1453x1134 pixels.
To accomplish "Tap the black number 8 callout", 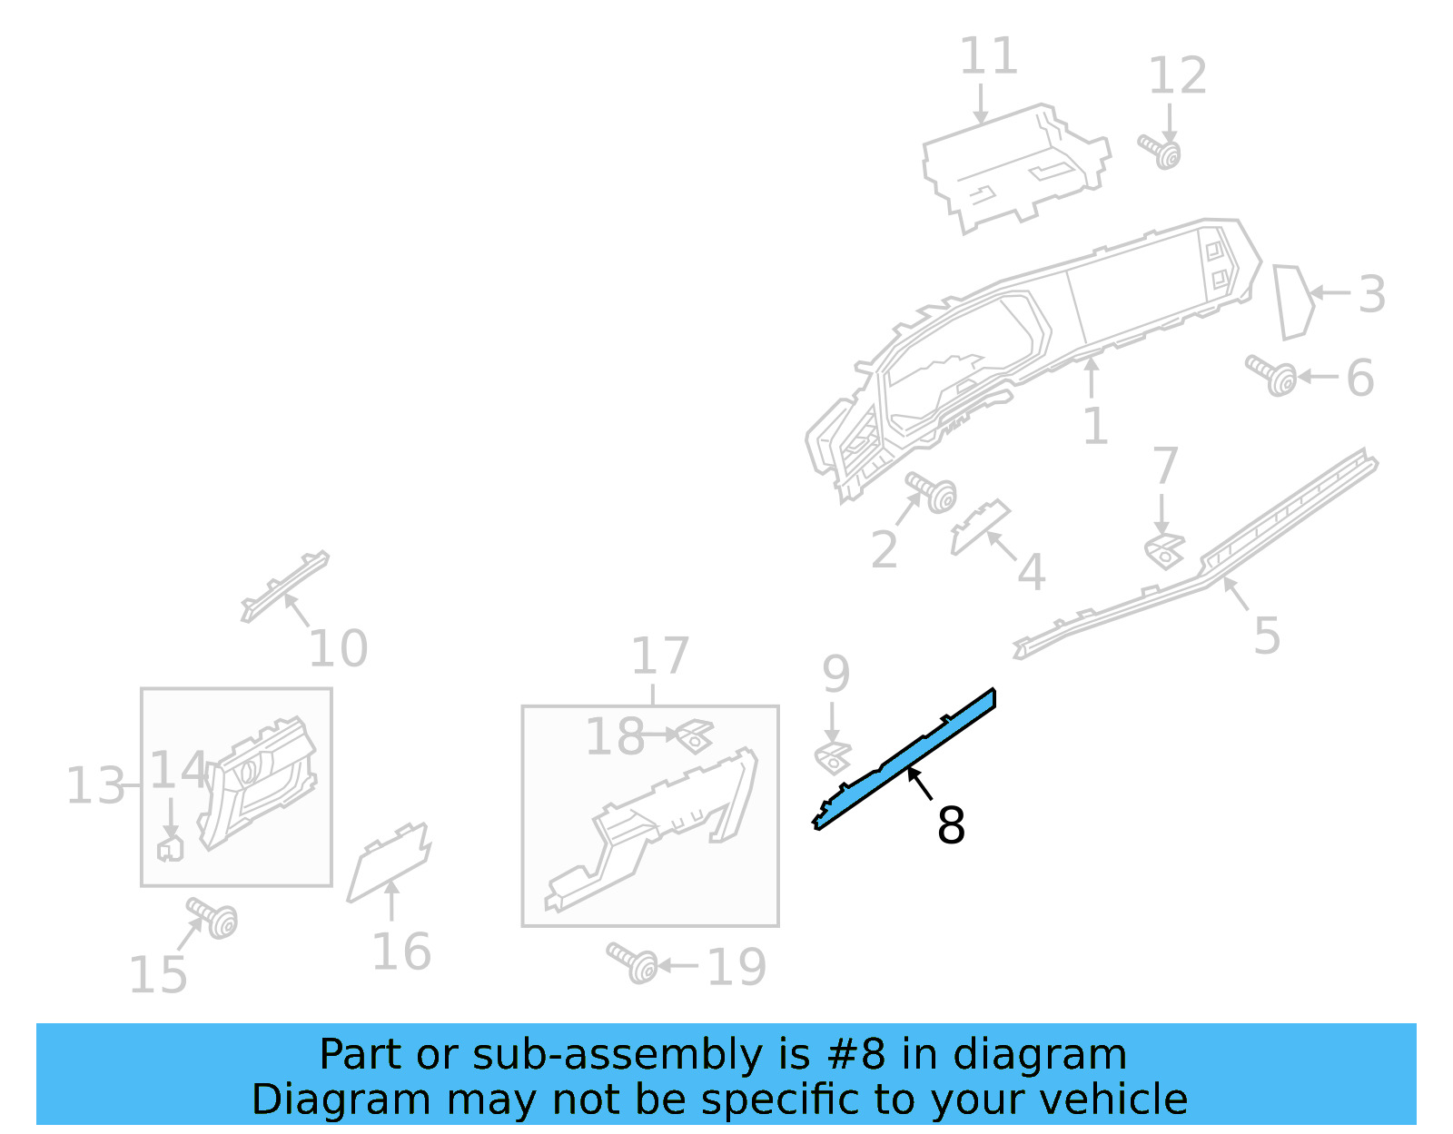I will [951, 825].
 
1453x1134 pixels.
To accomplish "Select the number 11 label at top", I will [988, 56].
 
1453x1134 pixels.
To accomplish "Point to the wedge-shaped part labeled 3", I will [1293, 301].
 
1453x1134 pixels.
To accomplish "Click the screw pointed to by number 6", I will [1272, 375].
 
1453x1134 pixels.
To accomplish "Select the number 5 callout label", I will [1266, 636].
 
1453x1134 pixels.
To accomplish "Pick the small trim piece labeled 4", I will [979, 527].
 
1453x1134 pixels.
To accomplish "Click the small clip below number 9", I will [833, 757].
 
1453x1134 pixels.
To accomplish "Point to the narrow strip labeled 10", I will [285, 586].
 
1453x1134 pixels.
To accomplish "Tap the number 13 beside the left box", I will [94, 786].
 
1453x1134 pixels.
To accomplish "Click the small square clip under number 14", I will [170, 849].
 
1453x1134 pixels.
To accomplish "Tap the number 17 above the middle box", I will [660, 656].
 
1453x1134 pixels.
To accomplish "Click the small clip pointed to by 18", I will [695, 735].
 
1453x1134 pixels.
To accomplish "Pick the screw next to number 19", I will [634, 962].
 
